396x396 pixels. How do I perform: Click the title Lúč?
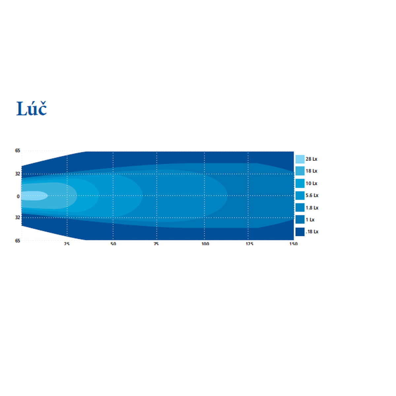tap(31, 108)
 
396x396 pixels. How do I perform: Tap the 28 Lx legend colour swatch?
tap(300, 159)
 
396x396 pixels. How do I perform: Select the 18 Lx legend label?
tap(311, 171)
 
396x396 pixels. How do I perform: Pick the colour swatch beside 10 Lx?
tap(300, 183)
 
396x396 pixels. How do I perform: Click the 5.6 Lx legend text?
tap(312, 195)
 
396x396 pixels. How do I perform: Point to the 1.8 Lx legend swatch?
tap(300, 208)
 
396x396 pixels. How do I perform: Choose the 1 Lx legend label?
tap(310, 220)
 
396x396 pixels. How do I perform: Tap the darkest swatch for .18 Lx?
tap(300, 232)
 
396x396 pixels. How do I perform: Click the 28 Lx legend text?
tap(311, 159)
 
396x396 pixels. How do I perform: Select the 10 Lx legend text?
tap(311, 183)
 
